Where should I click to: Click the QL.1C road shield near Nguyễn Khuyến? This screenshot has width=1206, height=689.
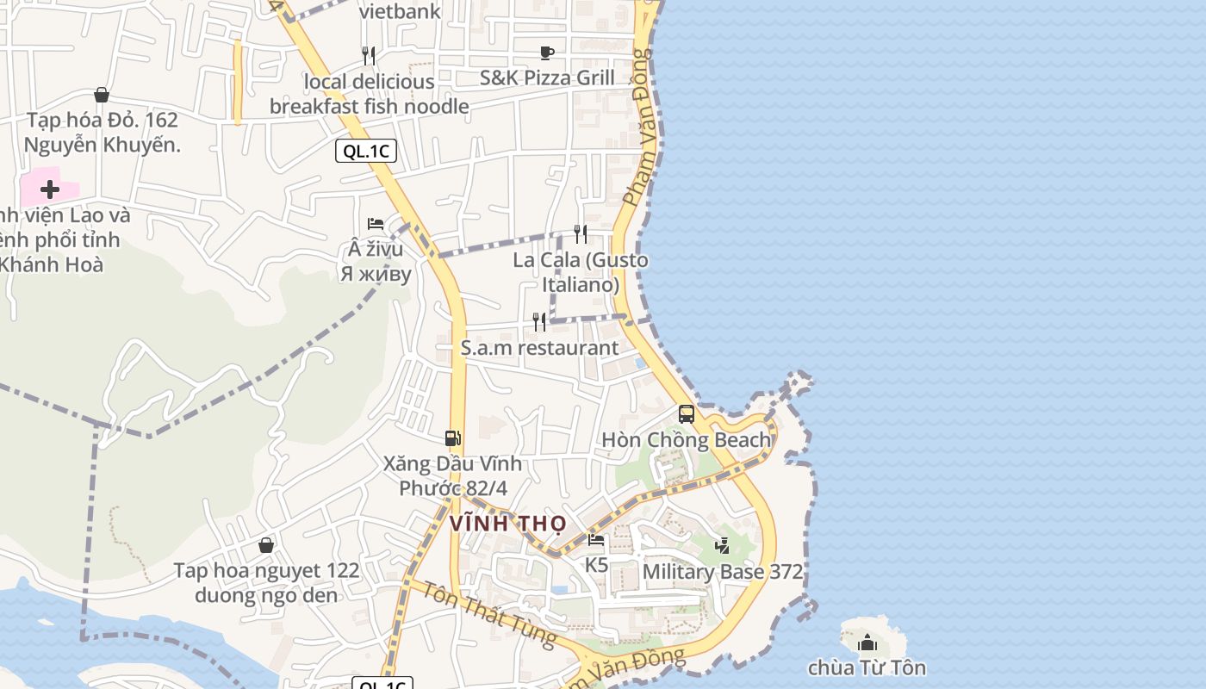point(366,152)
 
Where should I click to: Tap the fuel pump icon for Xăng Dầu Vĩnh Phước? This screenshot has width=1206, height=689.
point(453,438)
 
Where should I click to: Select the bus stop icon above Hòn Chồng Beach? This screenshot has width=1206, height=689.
point(687,413)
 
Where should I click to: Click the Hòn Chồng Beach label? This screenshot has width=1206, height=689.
point(686,440)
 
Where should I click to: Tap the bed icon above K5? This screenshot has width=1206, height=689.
point(596,541)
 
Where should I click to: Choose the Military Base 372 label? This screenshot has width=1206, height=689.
point(723,571)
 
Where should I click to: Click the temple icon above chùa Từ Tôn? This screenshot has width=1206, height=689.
point(867,642)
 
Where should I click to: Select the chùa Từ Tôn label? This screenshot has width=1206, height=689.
point(867,667)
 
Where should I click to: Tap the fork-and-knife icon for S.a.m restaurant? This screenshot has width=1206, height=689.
point(539,322)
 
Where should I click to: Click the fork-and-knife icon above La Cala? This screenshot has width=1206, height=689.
point(581,233)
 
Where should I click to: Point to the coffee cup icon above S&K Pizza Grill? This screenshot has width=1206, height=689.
point(547,53)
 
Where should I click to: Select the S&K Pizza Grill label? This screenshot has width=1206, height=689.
point(547,78)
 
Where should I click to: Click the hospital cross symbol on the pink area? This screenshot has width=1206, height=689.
point(50,189)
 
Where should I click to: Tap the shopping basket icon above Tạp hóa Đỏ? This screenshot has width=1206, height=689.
point(102,95)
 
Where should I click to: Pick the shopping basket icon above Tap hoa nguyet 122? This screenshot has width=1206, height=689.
point(266,545)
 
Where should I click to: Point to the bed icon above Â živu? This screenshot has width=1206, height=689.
point(376,224)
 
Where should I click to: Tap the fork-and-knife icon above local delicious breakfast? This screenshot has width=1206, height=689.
point(369,56)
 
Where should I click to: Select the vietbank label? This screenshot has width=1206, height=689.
point(400,11)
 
